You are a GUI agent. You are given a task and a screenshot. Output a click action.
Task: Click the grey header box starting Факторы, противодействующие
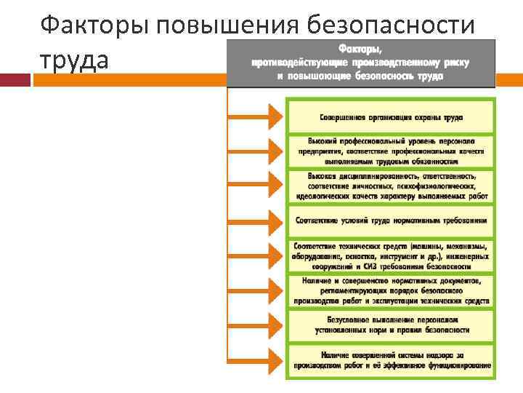coord(360,62)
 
